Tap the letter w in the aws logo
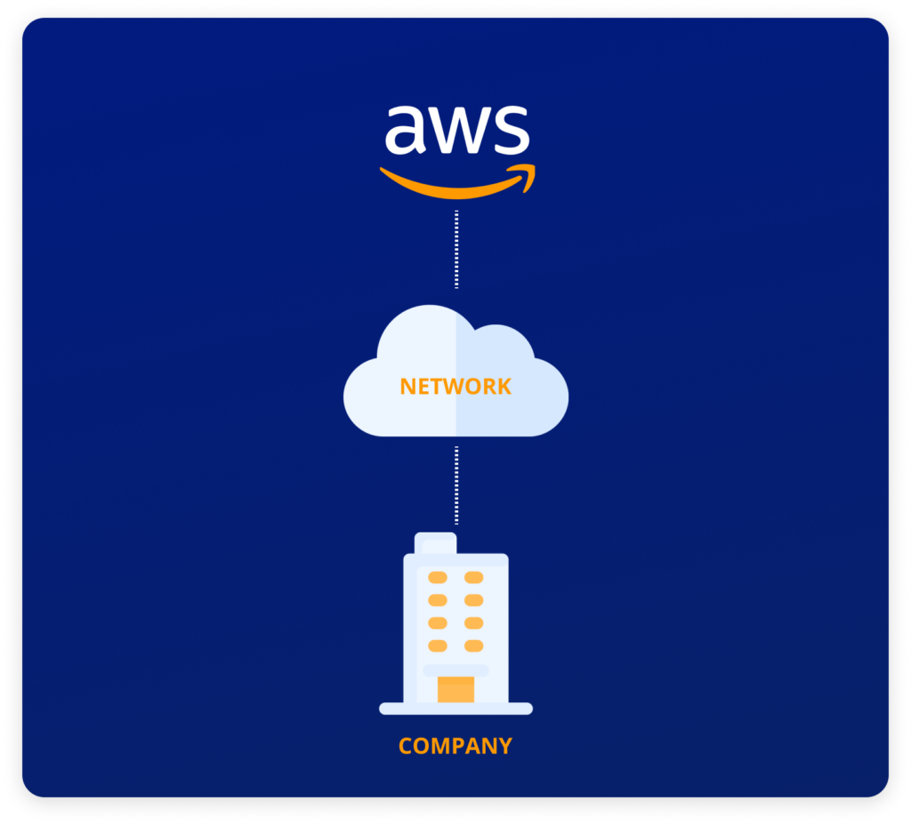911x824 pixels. (458, 131)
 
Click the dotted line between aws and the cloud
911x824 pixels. (456, 249)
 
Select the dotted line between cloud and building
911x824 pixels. (456, 485)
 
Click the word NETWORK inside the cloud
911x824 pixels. (455, 386)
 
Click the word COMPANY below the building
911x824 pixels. (455, 746)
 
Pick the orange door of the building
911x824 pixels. (455, 689)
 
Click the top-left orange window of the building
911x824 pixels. (438, 577)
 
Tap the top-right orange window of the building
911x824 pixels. (473, 577)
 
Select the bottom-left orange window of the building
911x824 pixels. (438, 645)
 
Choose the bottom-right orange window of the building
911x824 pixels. (473, 645)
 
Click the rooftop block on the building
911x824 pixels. (435, 543)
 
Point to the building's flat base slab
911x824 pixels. (455, 708)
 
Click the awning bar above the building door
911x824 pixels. (455, 671)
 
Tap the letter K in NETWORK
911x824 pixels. (504, 387)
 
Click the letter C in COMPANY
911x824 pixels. (406, 746)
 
